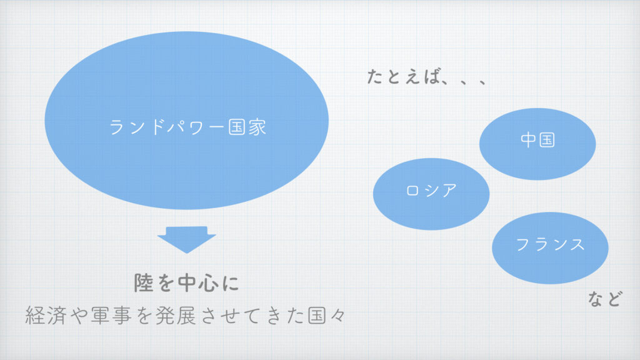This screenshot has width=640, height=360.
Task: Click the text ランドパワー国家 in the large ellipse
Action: coord(187,127)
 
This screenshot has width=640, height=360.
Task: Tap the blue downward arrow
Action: coord(186,239)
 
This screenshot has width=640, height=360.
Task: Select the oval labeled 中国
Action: coord(537,144)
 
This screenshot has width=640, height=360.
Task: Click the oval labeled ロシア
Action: coord(431,194)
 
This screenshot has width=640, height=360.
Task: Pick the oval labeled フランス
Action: coord(550,247)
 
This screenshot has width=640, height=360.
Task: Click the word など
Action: coord(605,299)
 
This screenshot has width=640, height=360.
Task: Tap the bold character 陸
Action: coord(144,282)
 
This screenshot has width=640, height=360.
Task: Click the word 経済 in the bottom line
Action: coord(46,315)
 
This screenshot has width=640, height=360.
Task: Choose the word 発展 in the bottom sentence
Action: coord(176,315)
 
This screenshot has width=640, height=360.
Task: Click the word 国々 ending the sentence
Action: coord(326,315)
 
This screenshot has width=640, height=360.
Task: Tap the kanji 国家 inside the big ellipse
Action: coord(247,127)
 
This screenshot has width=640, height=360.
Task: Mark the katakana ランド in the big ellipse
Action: coord(137,127)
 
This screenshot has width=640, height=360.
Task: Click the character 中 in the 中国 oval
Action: coord(528,140)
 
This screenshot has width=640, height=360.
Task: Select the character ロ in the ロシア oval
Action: coord(412,191)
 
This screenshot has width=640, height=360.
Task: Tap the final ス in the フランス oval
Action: coord(577,244)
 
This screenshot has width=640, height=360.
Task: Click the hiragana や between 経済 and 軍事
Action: coord(78,315)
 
